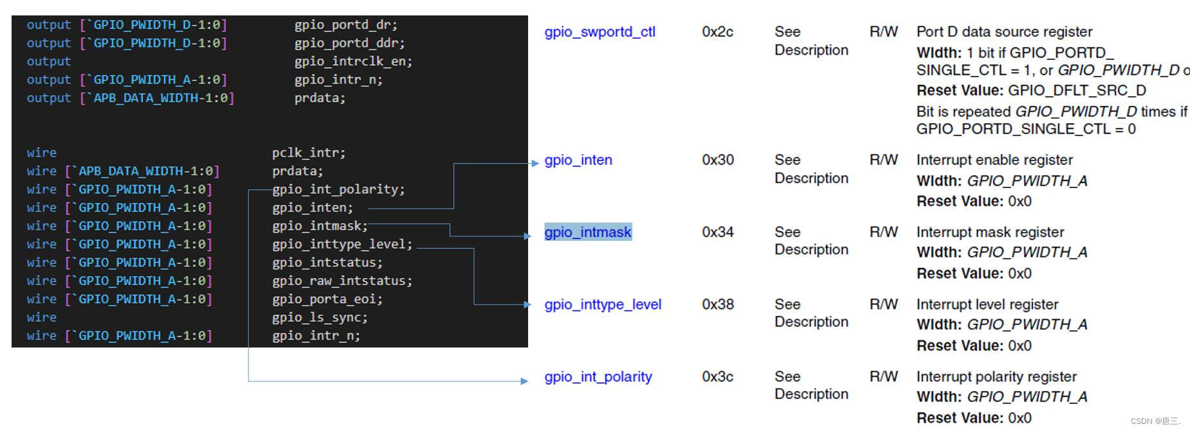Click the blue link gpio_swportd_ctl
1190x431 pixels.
pos(600,32)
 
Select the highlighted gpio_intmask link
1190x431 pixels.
pos(588,232)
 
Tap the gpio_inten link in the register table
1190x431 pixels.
pos(578,160)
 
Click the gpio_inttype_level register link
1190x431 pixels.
pos(603,304)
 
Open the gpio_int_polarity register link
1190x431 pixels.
pos(598,376)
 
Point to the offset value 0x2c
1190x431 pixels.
pos(717,32)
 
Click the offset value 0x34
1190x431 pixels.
pos(717,232)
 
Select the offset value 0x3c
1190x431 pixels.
pos(717,376)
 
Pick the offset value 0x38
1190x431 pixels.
pos(717,304)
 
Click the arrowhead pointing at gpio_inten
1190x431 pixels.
pos(535,163)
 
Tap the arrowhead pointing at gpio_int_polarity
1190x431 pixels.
pos(524,381)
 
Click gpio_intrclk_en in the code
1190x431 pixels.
pos(353,62)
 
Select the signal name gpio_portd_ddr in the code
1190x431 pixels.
pos(349,43)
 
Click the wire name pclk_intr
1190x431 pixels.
pos(308,153)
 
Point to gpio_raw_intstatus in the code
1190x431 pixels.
pos(342,281)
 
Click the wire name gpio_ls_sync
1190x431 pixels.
pos(320,317)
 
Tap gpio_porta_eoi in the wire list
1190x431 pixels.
pos(327,299)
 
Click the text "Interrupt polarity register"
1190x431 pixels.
pos(996,376)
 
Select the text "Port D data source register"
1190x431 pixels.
pos(1004,32)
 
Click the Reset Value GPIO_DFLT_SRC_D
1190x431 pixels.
pos(1077,91)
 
